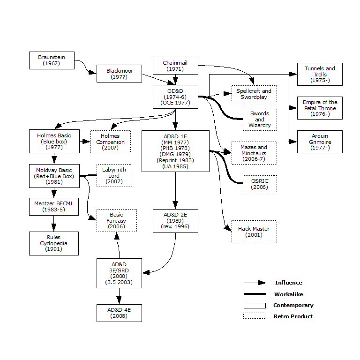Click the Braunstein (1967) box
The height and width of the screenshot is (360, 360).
(52, 60)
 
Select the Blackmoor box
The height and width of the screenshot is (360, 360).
(119, 74)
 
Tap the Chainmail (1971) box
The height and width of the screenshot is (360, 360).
(175, 66)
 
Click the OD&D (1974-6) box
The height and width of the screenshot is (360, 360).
(175, 97)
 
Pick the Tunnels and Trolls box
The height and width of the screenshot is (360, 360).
(320, 74)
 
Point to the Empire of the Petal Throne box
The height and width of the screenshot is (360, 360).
(320, 108)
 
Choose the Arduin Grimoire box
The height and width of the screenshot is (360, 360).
(320, 142)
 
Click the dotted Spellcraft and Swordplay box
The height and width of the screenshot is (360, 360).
(254, 94)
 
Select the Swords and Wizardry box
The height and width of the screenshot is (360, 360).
(260, 119)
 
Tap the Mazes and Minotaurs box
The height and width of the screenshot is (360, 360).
(254, 153)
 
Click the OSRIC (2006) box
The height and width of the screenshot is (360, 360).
(260, 184)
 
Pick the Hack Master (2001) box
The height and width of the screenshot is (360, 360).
(254, 232)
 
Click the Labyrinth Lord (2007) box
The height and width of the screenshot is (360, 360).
(114, 175)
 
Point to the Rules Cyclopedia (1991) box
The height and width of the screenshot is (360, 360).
(53, 243)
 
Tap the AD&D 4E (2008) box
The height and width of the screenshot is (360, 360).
(119, 313)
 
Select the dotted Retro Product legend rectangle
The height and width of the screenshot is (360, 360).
(255, 316)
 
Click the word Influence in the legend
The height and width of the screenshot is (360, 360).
(288, 283)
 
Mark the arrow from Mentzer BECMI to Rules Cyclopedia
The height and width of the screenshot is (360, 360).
(53, 224)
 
